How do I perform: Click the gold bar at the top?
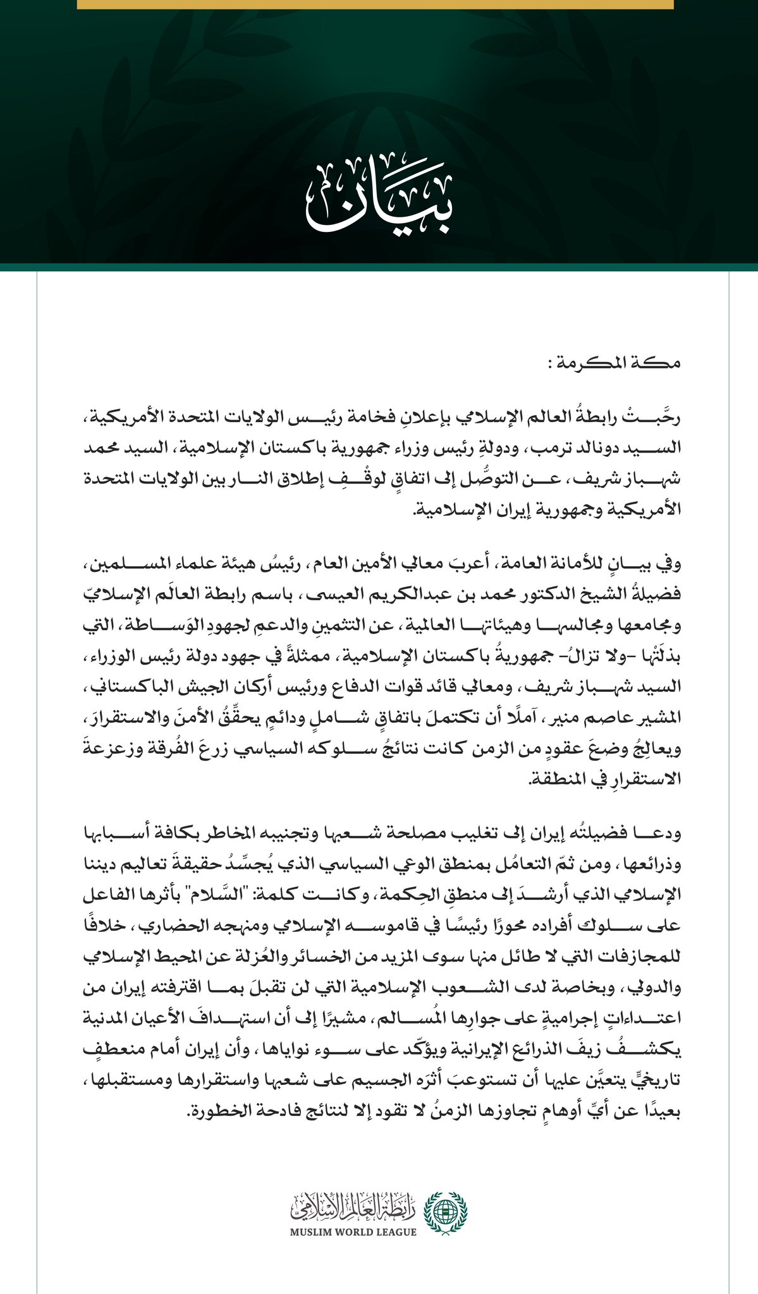tap(375, 4)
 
